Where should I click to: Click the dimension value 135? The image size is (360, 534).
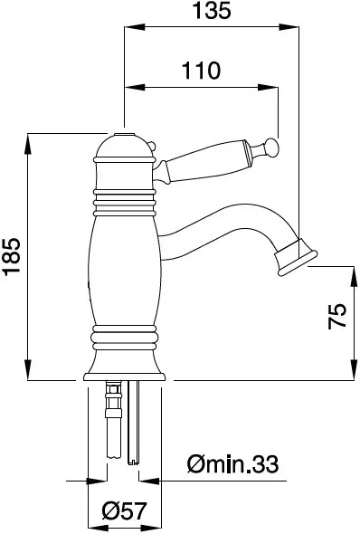tap(212, 10)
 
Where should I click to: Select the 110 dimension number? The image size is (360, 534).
tap(201, 71)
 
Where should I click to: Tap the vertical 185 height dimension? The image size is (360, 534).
tap(11, 256)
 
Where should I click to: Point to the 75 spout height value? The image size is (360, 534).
tap(336, 316)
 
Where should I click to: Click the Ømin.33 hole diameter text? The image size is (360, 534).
tap(232, 463)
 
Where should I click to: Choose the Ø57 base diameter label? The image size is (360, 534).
tap(124, 510)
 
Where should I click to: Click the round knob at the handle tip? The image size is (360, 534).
tap(273, 148)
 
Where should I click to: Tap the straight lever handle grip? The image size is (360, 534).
tap(206, 161)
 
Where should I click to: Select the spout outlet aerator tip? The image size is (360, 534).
tap(296, 257)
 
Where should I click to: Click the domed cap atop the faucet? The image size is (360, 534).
tap(124, 147)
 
